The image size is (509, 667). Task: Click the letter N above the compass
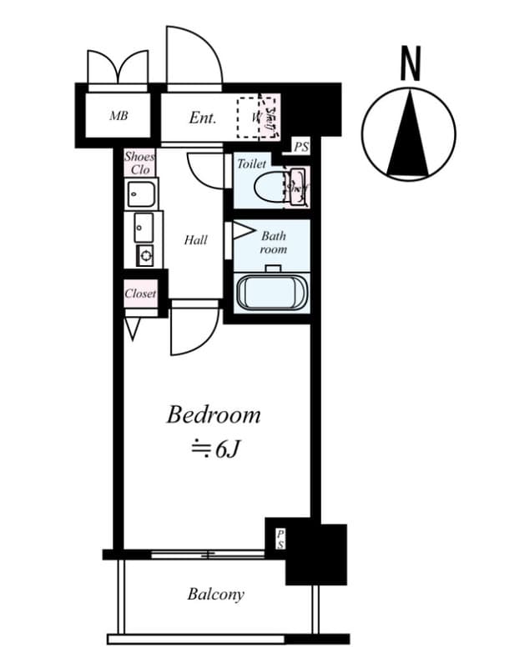410,64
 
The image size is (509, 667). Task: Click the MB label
118,116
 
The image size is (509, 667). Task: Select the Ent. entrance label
202,118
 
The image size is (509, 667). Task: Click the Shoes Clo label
139,163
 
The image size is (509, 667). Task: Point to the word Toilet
252,164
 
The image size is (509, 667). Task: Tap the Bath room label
273,243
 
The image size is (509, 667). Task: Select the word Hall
195,240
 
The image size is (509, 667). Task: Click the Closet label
140,293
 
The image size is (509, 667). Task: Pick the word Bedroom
214,414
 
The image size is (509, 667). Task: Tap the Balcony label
215,594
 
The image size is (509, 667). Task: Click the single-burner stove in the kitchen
144,255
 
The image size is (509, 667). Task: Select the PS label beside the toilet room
300,148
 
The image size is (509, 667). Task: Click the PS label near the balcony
280,539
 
